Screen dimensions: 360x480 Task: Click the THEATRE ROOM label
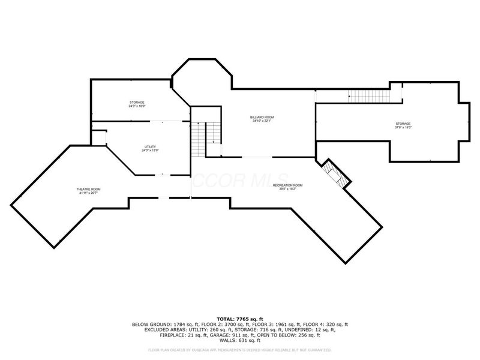[89, 189]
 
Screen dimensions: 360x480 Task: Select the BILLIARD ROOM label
[262, 117]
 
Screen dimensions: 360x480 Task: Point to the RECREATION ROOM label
[287, 185]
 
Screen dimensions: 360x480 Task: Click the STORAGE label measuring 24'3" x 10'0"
[137, 103]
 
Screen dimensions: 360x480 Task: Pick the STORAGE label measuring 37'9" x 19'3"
[403, 124]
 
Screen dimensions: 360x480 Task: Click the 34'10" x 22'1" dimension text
[262, 121]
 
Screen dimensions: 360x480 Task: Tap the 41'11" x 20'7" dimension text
[89, 193]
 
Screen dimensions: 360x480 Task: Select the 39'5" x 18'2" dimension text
[287, 190]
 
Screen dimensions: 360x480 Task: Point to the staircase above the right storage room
[368, 95]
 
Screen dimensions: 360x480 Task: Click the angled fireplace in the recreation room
[333, 175]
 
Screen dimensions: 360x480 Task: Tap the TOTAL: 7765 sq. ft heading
[239, 319]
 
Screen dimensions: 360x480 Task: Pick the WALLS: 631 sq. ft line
[239, 341]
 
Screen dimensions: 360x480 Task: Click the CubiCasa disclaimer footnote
[239, 350]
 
